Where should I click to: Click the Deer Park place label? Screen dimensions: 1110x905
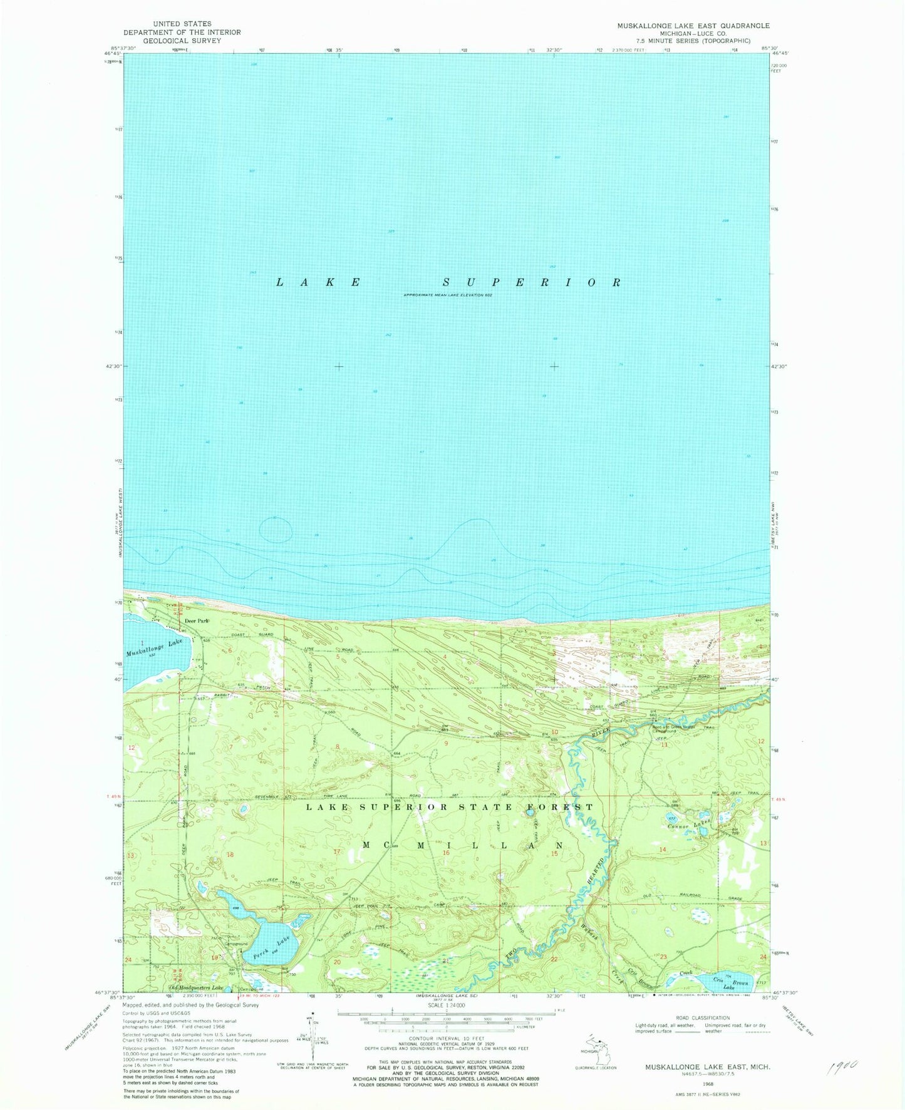click(x=196, y=620)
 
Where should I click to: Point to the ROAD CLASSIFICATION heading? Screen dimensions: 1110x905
click(x=703, y=1018)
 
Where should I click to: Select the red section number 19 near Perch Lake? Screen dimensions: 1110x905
click(x=215, y=958)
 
